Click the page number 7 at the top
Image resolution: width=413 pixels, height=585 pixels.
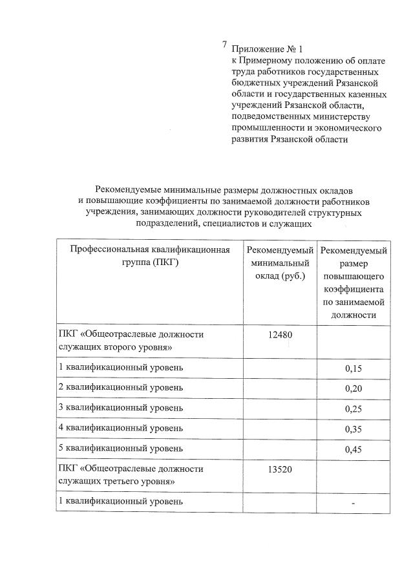tap(224, 45)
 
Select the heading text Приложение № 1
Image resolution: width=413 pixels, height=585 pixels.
tap(266, 49)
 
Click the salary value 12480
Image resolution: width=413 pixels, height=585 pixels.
tap(279, 334)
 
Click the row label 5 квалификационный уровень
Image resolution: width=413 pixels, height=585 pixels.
tap(121, 449)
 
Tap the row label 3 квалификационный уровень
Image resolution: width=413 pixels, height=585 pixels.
tap(121, 408)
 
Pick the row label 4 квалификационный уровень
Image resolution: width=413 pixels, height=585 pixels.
tap(121, 429)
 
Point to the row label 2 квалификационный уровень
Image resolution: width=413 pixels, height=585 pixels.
tap(121, 387)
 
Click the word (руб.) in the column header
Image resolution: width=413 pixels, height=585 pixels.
tap(279, 277)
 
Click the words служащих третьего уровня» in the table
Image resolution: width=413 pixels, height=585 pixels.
tap(116, 481)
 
